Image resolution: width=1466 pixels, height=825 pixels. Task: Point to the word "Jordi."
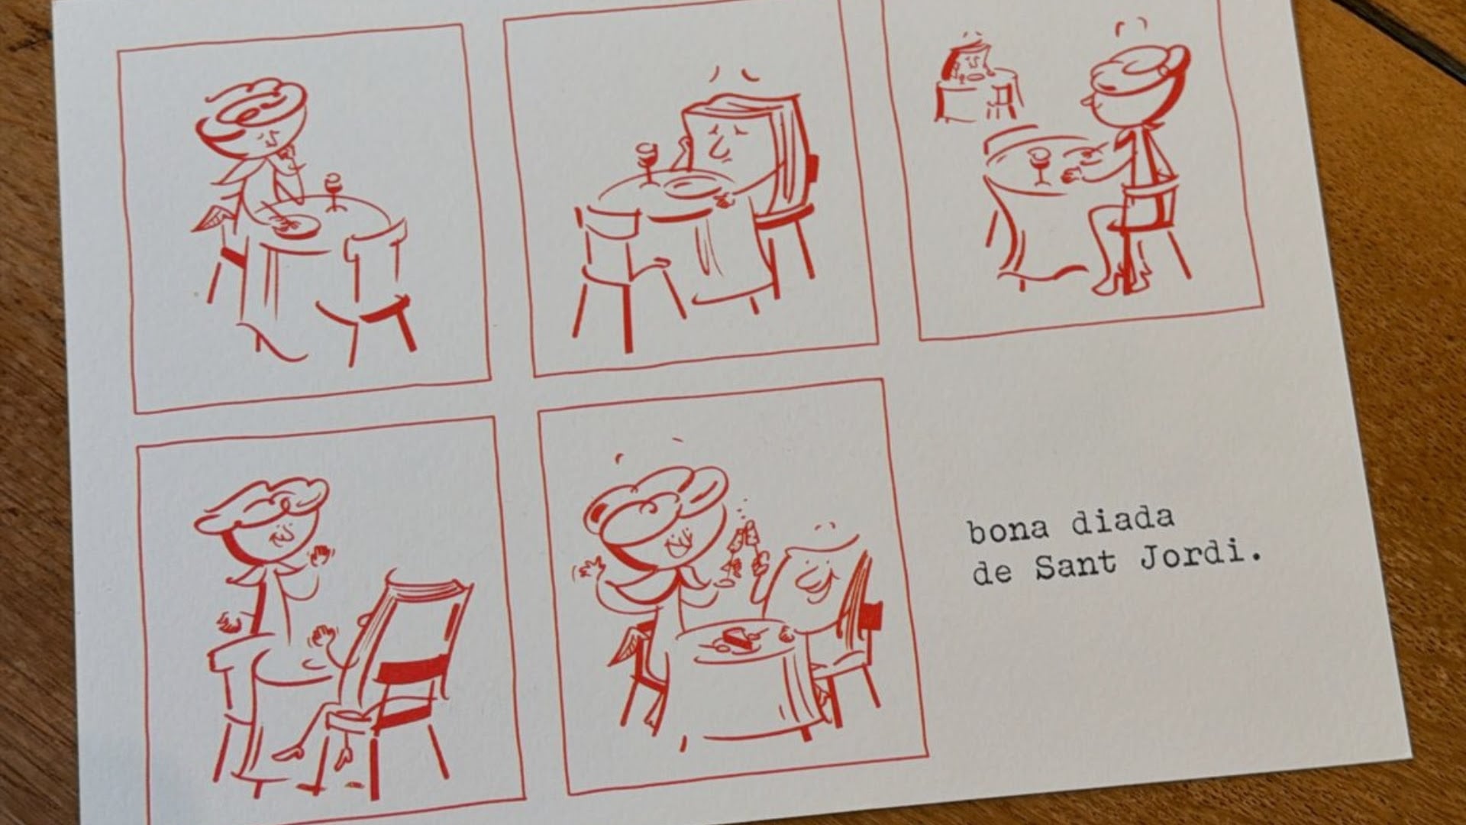[x=1200, y=555]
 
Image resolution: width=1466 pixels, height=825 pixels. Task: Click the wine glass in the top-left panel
[x=334, y=192]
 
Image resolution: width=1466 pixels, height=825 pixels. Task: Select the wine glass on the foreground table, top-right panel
[x=1039, y=166]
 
